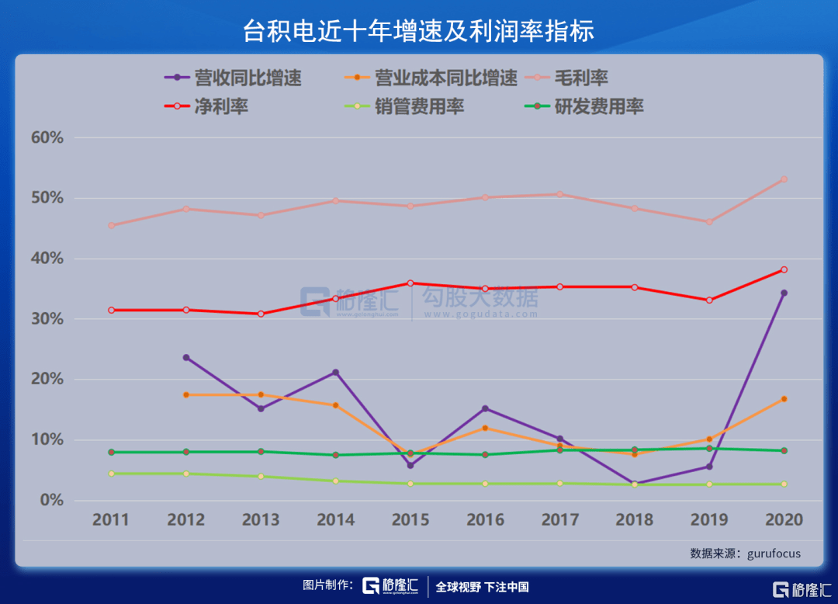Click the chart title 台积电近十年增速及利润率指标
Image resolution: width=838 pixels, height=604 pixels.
point(419,30)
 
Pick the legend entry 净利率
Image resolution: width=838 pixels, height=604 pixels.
point(221,106)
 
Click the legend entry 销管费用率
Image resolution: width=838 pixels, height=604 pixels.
point(419,106)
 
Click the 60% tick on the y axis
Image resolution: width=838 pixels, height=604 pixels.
point(47,138)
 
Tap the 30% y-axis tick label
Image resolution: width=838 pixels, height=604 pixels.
point(47,319)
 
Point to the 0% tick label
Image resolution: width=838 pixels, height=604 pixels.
point(51,501)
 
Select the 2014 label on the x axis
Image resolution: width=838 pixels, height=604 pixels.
point(336,519)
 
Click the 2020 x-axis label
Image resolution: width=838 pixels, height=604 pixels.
point(784,519)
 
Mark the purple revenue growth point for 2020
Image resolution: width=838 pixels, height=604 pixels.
point(784,293)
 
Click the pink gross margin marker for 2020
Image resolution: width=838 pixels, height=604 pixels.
point(784,179)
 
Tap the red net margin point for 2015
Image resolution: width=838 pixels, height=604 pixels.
point(410,283)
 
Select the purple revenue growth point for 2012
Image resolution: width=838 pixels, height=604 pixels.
point(186,358)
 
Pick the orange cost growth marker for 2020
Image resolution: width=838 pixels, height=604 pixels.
point(784,399)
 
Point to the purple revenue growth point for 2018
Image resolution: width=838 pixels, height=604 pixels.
point(635,484)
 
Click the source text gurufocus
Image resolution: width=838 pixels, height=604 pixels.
point(774,554)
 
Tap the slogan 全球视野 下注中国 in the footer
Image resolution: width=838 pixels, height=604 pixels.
point(482,587)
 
